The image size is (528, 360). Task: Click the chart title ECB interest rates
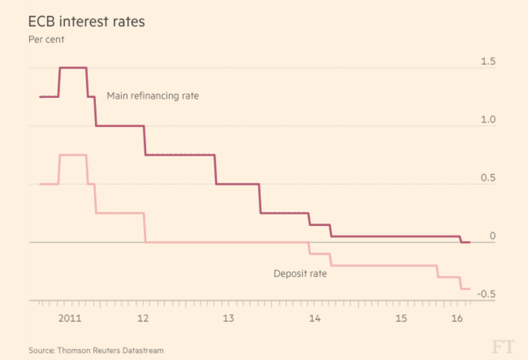click(x=86, y=22)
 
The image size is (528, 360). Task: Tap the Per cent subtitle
click(x=47, y=40)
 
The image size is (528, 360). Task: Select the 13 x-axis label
click(x=228, y=318)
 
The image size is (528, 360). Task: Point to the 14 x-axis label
click(x=314, y=318)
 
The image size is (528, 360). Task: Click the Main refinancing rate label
click(x=153, y=96)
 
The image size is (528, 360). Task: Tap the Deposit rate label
click(x=300, y=274)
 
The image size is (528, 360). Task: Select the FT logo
click(x=502, y=347)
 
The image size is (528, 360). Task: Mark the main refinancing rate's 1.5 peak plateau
click(x=73, y=68)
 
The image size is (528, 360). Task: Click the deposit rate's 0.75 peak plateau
click(x=73, y=155)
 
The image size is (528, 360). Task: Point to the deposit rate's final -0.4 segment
click(x=466, y=288)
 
